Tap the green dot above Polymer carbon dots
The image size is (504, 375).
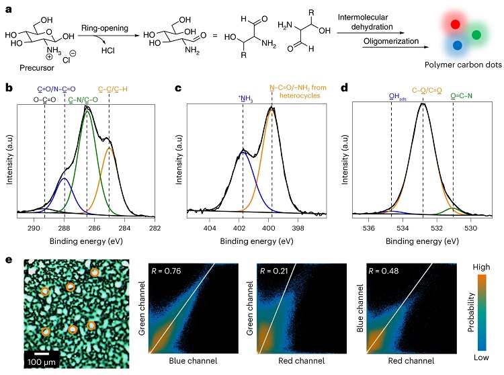click(476, 34)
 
